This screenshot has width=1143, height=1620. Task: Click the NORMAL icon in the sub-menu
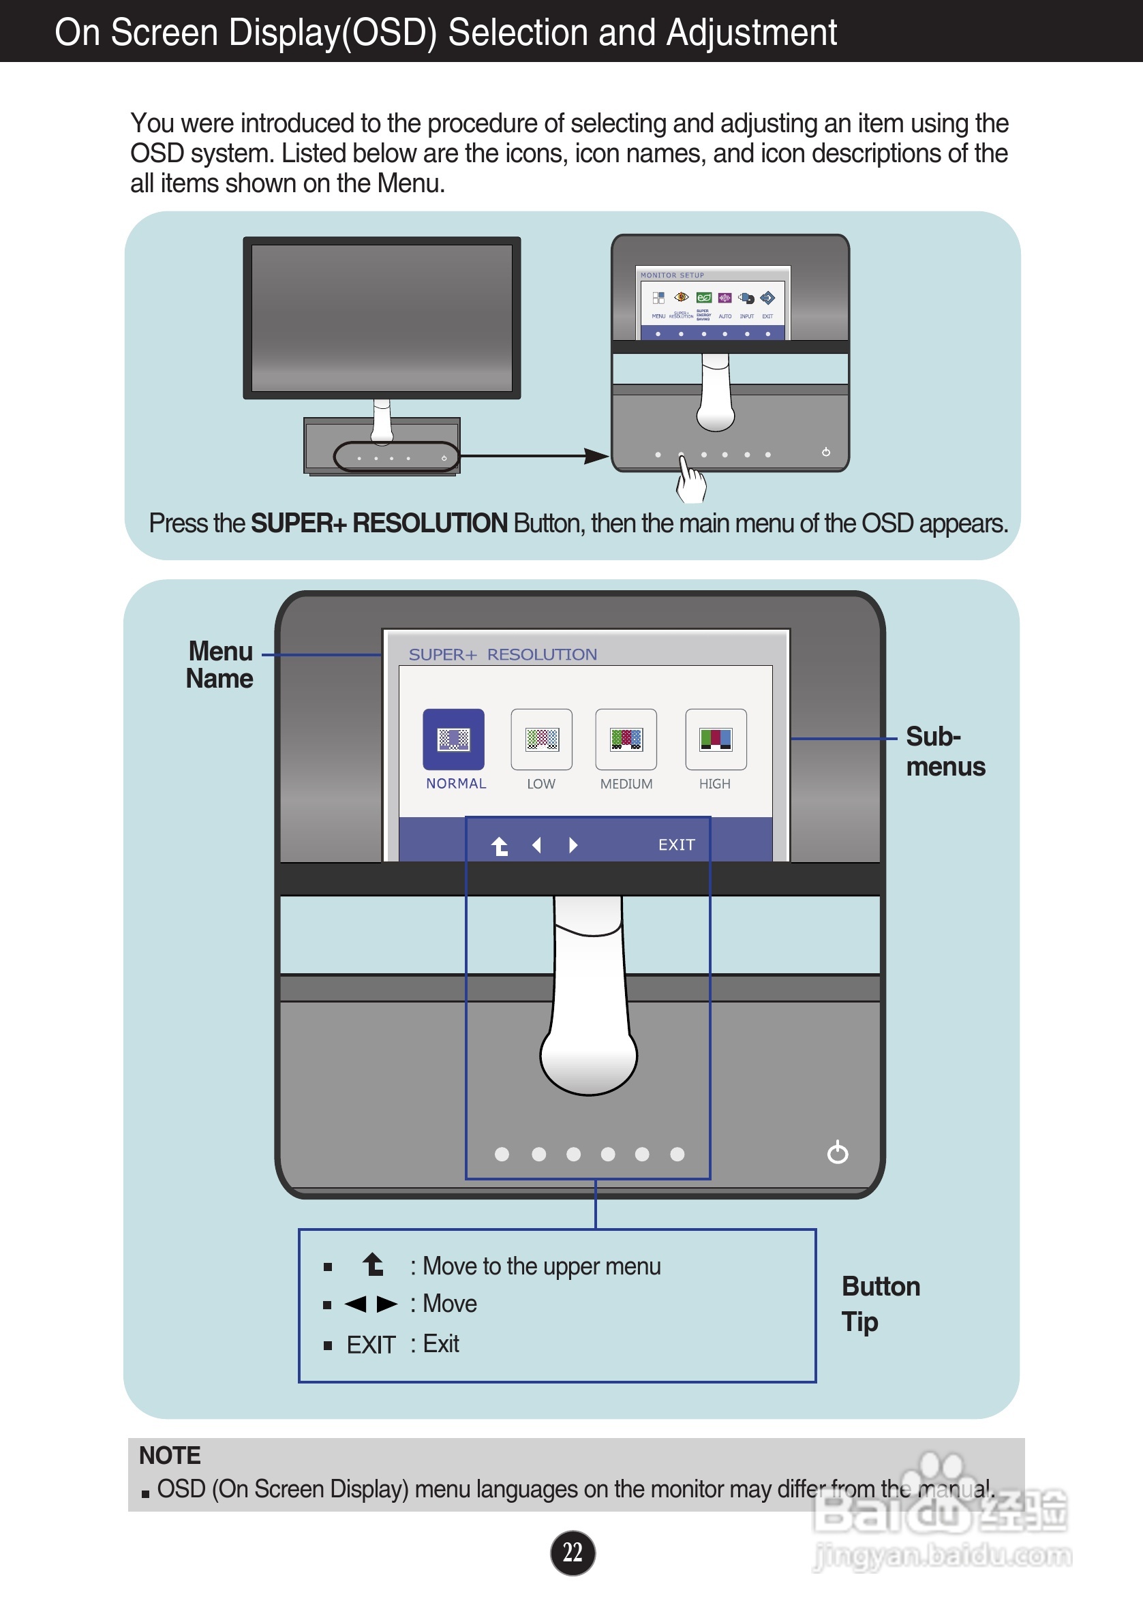[453, 739]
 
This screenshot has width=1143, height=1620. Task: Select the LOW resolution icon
[541, 739]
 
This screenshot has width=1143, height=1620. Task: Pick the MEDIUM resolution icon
[626, 739]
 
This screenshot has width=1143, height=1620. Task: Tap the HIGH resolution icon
[716, 739]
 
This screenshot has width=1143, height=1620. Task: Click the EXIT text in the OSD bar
[676, 844]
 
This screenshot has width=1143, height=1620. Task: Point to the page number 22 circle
[573, 1553]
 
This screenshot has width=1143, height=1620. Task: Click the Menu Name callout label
[219, 664]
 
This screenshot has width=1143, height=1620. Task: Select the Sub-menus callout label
[945, 752]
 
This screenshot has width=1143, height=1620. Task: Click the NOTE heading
[169, 1455]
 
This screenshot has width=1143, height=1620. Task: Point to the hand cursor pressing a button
[689, 480]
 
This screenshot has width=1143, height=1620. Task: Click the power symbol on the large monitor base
[838, 1152]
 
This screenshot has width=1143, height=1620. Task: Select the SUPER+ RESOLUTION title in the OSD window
[502, 654]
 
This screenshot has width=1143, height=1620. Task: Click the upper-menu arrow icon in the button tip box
[374, 1264]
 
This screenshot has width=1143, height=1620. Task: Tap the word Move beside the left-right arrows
[449, 1303]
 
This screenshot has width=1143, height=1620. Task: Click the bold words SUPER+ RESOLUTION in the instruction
[379, 523]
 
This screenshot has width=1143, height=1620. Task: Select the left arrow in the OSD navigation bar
[537, 844]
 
